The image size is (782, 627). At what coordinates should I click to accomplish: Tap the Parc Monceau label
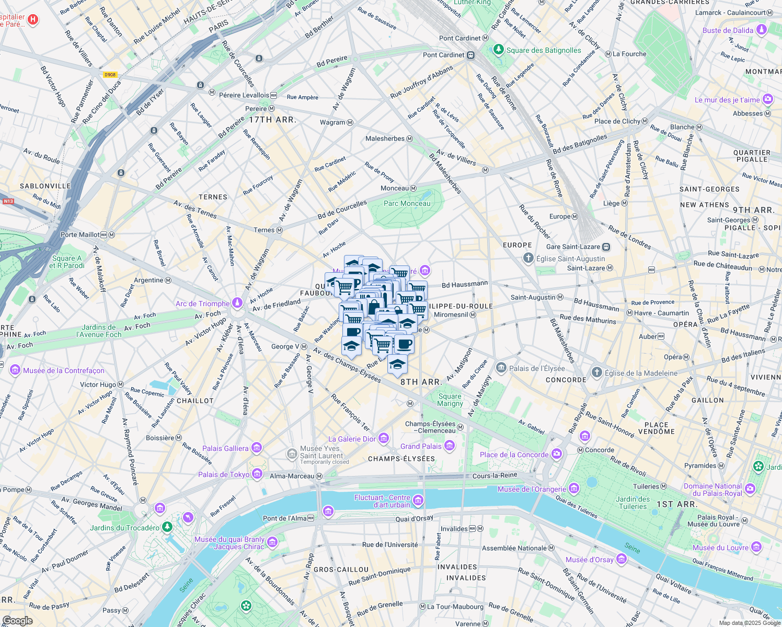coord(407,204)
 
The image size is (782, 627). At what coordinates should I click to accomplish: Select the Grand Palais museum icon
coord(450,446)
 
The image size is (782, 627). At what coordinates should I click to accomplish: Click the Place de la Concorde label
coord(514,455)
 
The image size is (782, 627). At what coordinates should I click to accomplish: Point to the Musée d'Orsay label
coord(589,560)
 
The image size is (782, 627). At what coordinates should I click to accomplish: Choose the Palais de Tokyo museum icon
coord(257,474)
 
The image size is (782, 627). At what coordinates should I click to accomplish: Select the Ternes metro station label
coord(264,230)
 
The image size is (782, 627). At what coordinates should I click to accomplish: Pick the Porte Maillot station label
coord(80,235)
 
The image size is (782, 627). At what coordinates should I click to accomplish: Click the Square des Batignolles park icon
coord(499,50)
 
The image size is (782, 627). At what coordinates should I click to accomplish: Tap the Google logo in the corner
coord(17,620)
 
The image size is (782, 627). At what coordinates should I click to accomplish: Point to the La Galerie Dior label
coord(352,439)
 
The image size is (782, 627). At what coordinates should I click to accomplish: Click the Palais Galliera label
coord(225,448)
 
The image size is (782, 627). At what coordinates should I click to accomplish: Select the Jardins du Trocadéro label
coord(124,528)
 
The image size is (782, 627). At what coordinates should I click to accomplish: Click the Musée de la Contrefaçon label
coord(64,370)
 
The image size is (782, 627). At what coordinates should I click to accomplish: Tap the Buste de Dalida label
coord(728,30)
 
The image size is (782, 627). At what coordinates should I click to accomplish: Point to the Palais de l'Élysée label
coord(536,368)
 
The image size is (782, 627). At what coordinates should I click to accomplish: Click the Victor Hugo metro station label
coord(98,385)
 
